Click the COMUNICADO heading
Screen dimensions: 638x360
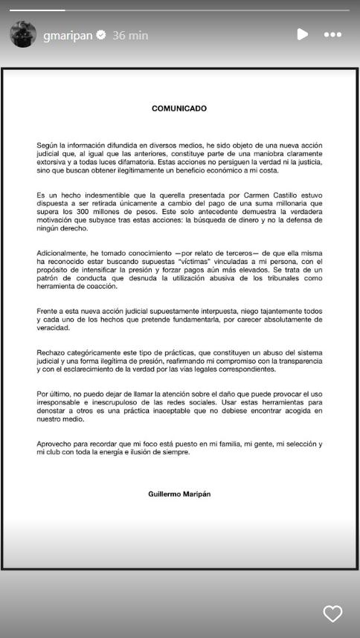[x=179, y=109]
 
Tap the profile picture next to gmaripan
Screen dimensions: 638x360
[x=22, y=34]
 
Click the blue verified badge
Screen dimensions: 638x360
[x=101, y=35]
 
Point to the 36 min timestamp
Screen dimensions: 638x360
[x=131, y=35]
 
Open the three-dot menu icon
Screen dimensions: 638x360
[x=332, y=34]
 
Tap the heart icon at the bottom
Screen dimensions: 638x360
[x=332, y=613]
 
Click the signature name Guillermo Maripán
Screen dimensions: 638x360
[x=179, y=494]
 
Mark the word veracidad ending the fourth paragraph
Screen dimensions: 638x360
[x=54, y=328]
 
